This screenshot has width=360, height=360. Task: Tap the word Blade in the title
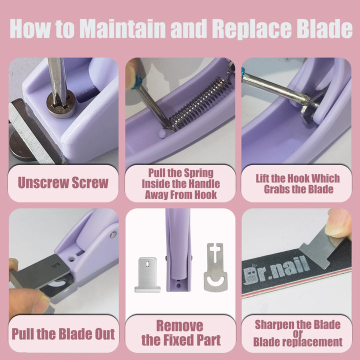click(326, 28)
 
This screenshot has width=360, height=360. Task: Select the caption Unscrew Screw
click(63, 183)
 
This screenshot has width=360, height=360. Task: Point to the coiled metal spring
click(199, 105)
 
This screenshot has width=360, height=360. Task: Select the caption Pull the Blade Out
click(63, 334)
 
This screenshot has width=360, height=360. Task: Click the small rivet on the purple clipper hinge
click(112, 234)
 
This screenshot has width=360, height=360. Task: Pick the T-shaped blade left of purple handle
click(147, 275)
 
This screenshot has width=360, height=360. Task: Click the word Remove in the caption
click(180, 326)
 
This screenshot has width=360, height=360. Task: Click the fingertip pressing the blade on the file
click(338, 224)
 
